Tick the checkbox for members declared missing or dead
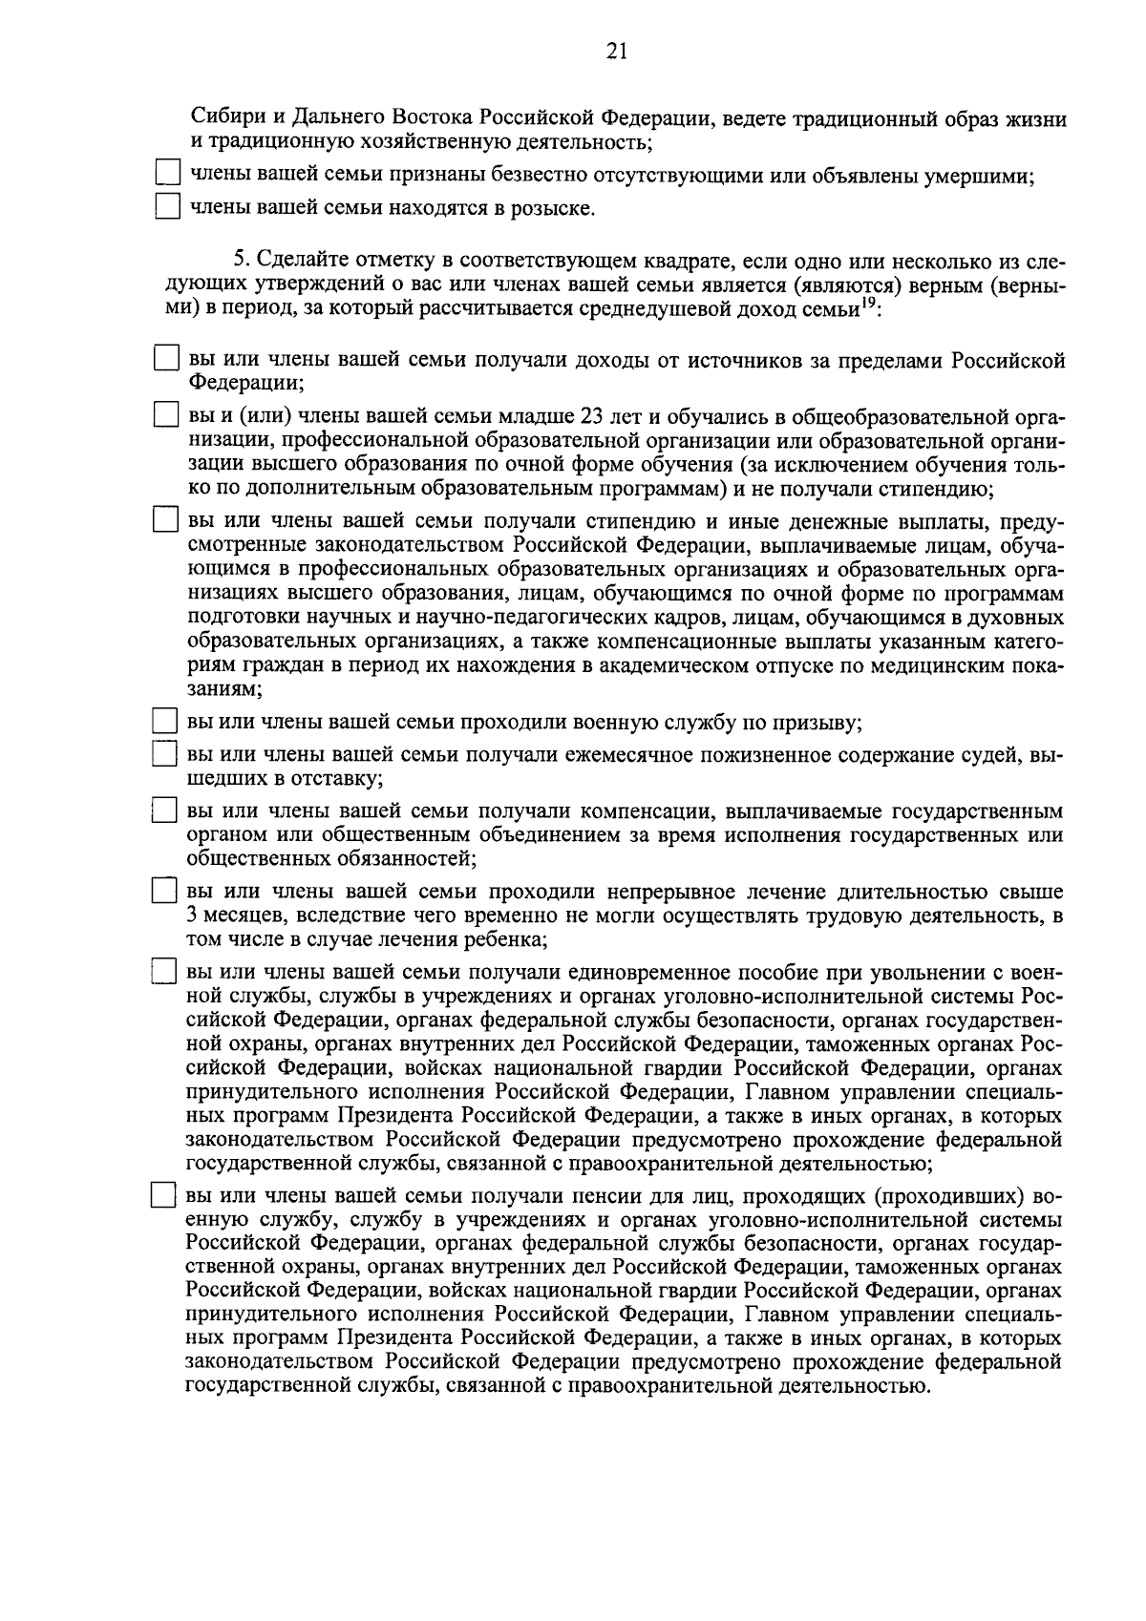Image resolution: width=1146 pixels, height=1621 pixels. [x=168, y=175]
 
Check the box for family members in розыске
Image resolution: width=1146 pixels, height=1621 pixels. [x=168, y=207]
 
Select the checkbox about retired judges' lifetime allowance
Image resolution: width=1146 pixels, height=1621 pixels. [x=167, y=755]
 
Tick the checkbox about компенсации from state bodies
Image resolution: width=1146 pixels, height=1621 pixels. [x=167, y=811]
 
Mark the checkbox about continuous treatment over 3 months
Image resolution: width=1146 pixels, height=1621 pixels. [x=167, y=892]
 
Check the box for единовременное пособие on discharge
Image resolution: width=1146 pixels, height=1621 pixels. [x=167, y=973]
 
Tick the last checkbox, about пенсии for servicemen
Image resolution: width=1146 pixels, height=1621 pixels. [x=167, y=1197]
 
